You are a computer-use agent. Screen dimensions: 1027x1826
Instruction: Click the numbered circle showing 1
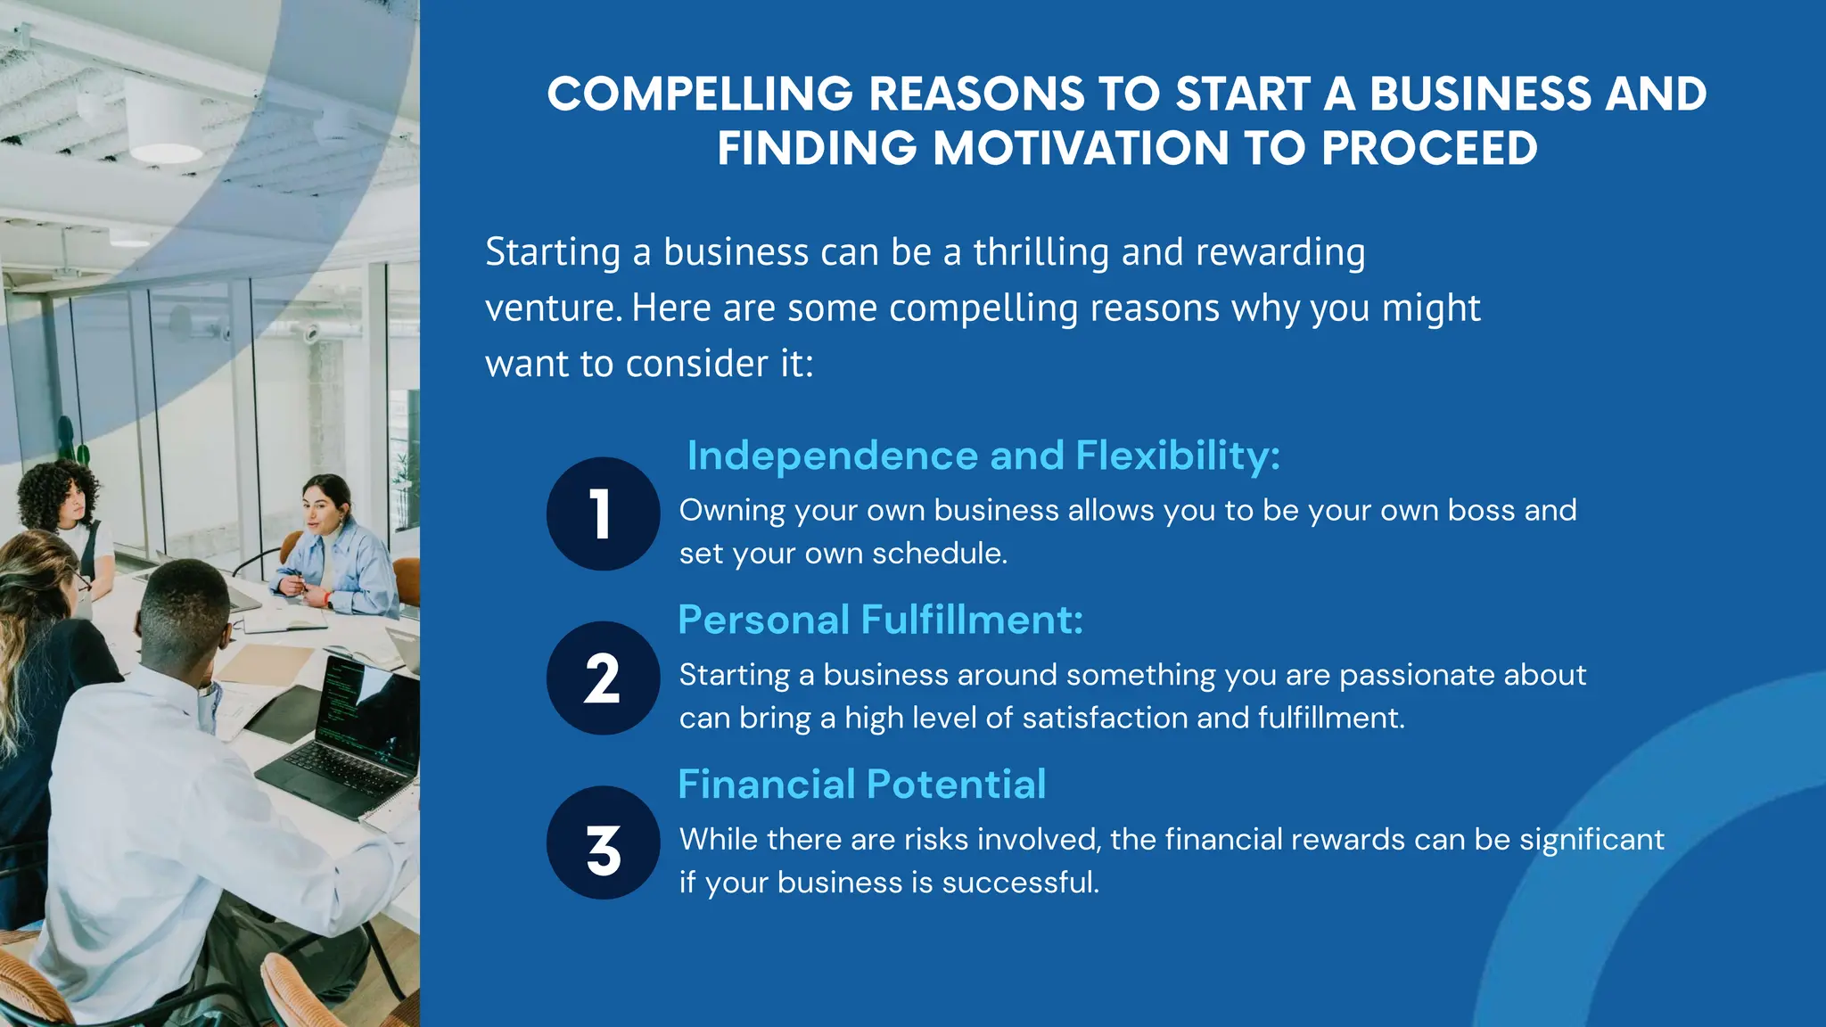(603, 513)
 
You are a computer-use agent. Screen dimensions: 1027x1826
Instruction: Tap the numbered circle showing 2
(603, 678)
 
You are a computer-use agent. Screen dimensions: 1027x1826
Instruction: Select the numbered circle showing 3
(603, 842)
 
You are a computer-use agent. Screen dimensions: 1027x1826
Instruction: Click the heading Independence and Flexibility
(983, 456)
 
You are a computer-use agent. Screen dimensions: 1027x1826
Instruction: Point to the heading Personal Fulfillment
(880, 620)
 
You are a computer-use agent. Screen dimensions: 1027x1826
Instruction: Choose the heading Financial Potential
(861, 785)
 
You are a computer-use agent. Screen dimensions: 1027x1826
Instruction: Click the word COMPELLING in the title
(700, 94)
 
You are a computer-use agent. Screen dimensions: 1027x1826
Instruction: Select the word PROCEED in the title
(1429, 149)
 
